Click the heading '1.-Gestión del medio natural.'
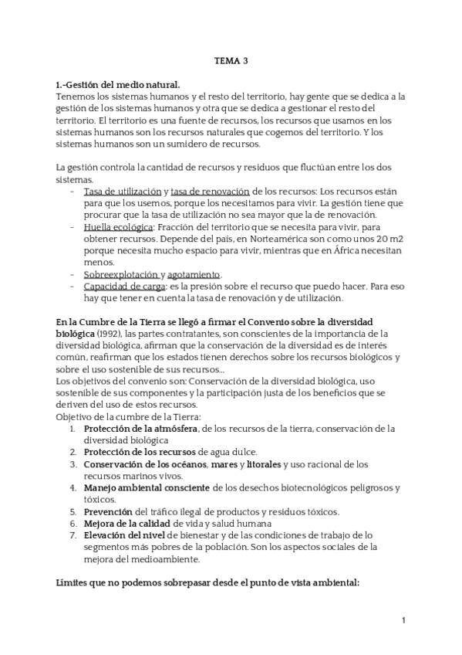click(x=117, y=85)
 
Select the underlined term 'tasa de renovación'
click(x=210, y=191)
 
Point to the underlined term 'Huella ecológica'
click(x=119, y=227)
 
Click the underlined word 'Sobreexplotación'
click(x=121, y=275)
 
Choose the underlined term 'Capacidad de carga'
click(x=126, y=287)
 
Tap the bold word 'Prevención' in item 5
click(x=108, y=511)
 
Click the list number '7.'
click(x=73, y=535)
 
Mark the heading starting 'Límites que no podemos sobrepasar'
click(x=208, y=582)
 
